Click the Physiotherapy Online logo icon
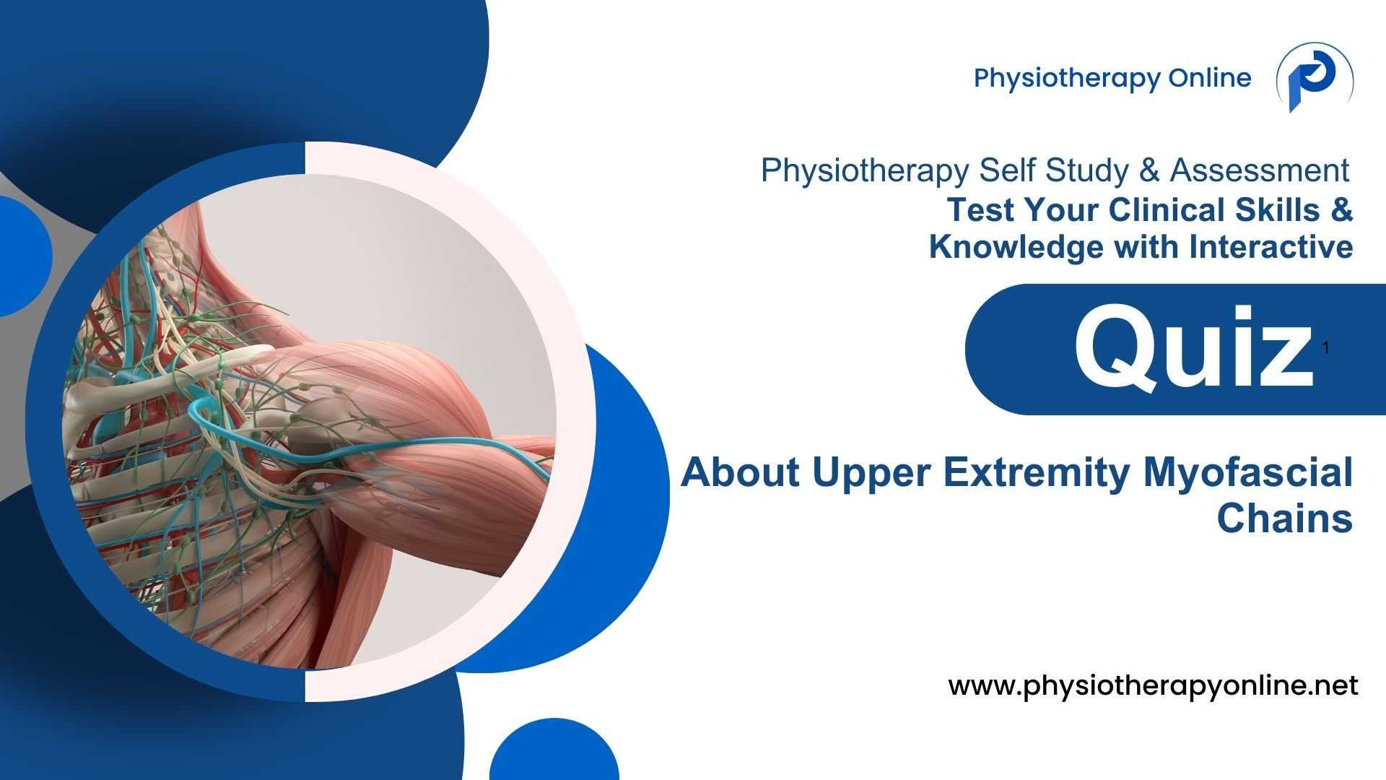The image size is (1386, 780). pyautogui.click(x=1315, y=77)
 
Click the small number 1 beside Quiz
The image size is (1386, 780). pyautogui.click(x=1326, y=348)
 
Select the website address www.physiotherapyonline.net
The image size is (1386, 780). pyautogui.click(x=1153, y=685)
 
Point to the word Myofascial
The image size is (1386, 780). pyautogui.click(x=1247, y=472)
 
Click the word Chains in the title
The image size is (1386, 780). pyautogui.click(x=1284, y=518)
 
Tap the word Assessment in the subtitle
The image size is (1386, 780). pyautogui.click(x=1260, y=170)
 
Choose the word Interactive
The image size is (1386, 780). pyautogui.click(x=1271, y=246)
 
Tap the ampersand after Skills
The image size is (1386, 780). pyautogui.click(x=1341, y=209)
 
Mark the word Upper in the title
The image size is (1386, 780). pyautogui.click(x=871, y=472)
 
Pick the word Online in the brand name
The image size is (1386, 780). pyautogui.click(x=1210, y=77)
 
